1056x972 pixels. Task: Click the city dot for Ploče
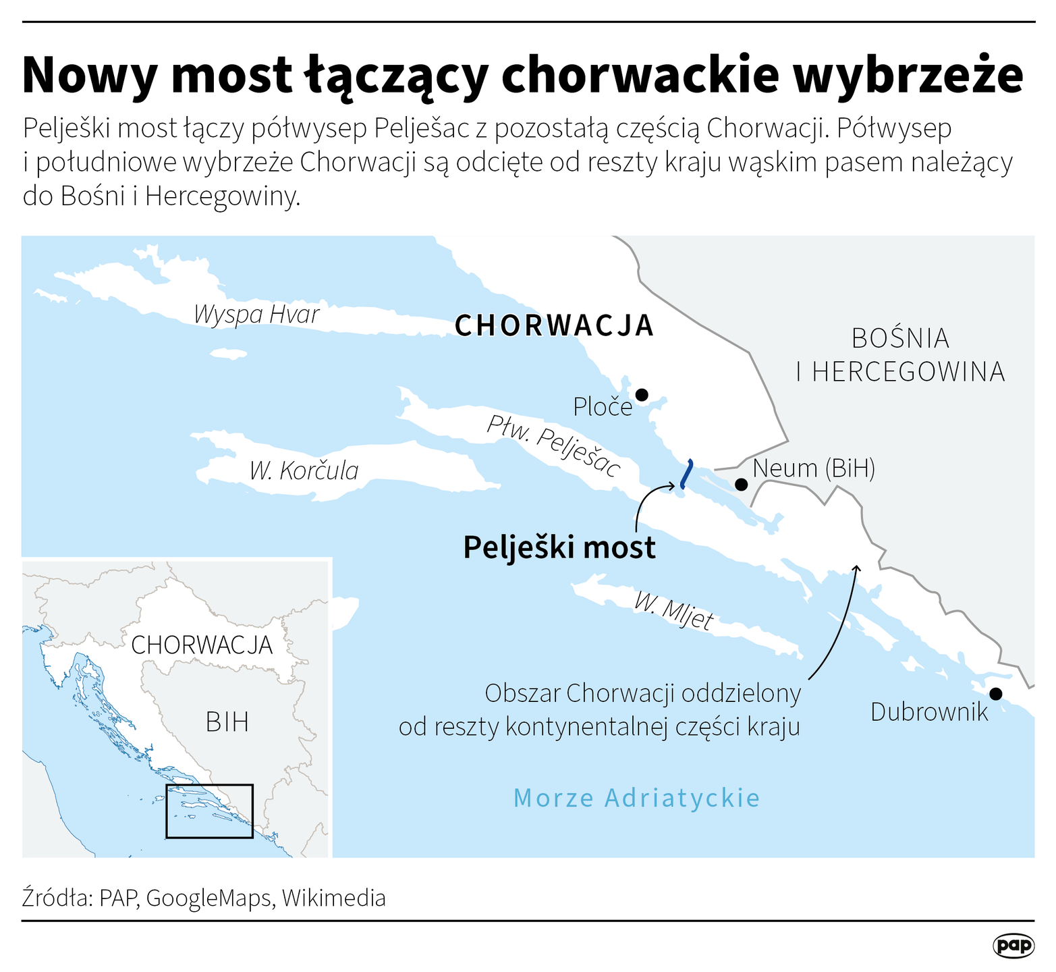(642, 394)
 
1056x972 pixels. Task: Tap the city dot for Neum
(741, 484)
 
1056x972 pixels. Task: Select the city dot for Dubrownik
(995, 693)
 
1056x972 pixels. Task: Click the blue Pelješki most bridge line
(686, 473)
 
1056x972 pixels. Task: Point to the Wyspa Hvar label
(256, 315)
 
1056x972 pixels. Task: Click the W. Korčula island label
(304, 470)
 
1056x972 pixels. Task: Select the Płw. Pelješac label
(553, 446)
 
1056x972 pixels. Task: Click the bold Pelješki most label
(559, 547)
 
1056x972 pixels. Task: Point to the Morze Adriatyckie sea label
(636, 798)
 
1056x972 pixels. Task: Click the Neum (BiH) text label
(814, 468)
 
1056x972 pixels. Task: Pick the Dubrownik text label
(929, 712)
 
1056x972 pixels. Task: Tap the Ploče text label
(603, 406)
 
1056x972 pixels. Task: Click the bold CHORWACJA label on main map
(554, 325)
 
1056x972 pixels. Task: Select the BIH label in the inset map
(227, 722)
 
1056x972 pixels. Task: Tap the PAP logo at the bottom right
(1013, 946)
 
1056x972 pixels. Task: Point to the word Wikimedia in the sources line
(334, 898)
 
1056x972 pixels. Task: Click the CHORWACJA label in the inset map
(202, 645)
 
